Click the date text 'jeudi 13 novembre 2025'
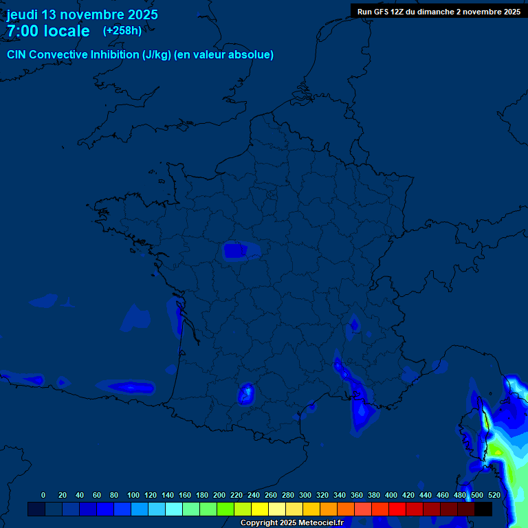pyautogui.click(x=82, y=14)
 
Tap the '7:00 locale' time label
pyautogui.click(x=48, y=31)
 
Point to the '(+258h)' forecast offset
pyautogui.click(x=122, y=31)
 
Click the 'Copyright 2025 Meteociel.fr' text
pyautogui.click(x=291, y=523)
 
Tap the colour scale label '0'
pyautogui.click(x=43, y=495)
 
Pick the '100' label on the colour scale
pyautogui.click(x=133, y=495)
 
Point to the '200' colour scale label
pyautogui.click(x=219, y=495)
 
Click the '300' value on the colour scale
pyautogui.click(x=305, y=495)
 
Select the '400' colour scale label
pyautogui.click(x=391, y=495)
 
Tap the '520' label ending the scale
pyautogui.click(x=494, y=495)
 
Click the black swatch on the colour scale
pyautogui.click(x=483, y=509)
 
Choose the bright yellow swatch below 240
pyautogui.click(x=260, y=509)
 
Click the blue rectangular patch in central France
pyautogui.click(x=236, y=251)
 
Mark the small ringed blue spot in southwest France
pyautogui.click(x=246, y=393)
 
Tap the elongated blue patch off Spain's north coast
pyautogui.click(x=131, y=387)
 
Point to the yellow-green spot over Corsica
pyautogui.click(x=494, y=450)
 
